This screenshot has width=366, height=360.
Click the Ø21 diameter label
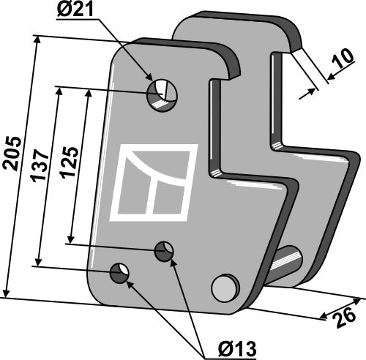pyautogui.click(x=75, y=10)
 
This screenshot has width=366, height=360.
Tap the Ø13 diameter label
pyautogui.click(x=237, y=349)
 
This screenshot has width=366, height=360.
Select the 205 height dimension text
pyautogui.click(x=12, y=153)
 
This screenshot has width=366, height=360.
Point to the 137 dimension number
pyautogui.click(x=40, y=165)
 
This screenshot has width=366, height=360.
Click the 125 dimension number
pyautogui.click(x=70, y=162)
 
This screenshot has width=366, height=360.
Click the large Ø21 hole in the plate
pyautogui.click(x=162, y=96)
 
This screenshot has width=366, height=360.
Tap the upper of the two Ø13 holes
pyautogui.click(x=164, y=252)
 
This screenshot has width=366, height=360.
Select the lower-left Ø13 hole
pyautogui.click(x=119, y=273)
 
